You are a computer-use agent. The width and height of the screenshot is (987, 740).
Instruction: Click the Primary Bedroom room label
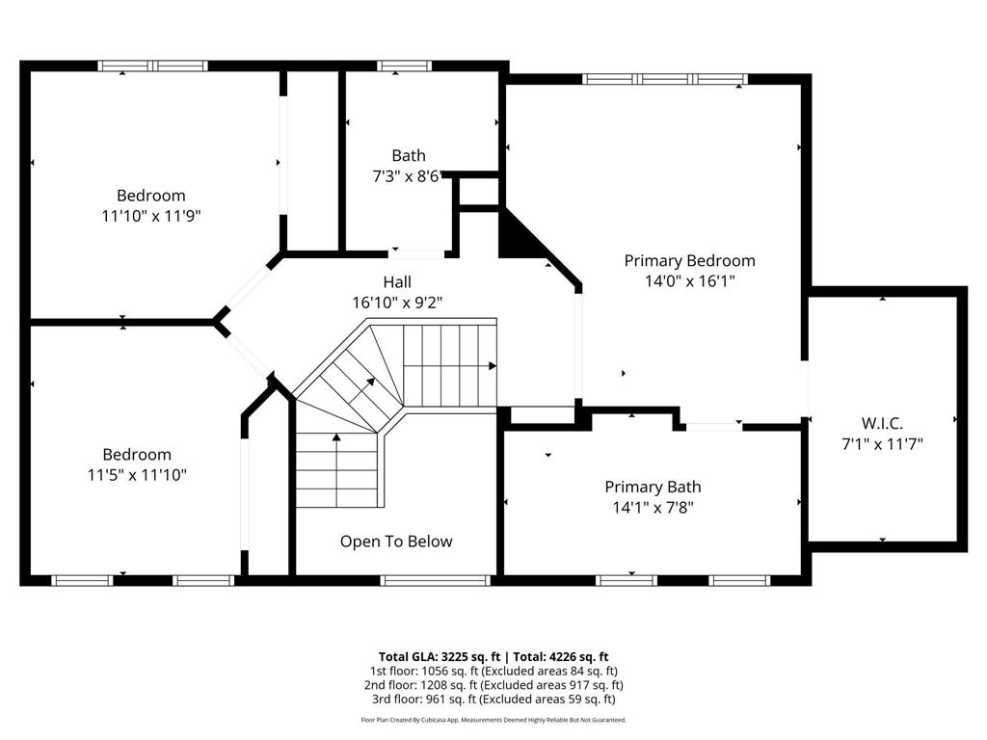click(x=689, y=260)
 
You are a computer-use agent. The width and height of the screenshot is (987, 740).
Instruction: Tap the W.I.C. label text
click(x=882, y=423)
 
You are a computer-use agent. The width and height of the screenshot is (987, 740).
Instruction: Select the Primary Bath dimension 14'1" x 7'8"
click(x=653, y=508)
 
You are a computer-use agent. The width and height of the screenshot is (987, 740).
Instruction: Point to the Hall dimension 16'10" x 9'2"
click(x=397, y=303)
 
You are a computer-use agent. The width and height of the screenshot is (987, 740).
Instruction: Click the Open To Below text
click(x=395, y=542)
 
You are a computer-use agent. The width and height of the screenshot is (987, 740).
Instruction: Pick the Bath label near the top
click(x=408, y=155)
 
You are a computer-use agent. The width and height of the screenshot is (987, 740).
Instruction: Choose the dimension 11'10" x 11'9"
click(x=151, y=216)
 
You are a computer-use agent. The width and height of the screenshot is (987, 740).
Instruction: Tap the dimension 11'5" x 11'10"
click(x=137, y=474)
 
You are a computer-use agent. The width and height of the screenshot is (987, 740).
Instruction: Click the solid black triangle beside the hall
click(x=514, y=236)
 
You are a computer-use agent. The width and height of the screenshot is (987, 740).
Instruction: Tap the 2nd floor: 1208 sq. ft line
click(x=492, y=684)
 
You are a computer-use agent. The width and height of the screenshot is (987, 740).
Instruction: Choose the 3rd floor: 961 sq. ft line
click(x=492, y=699)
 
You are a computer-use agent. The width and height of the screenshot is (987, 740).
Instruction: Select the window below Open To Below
click(x=435, y=580)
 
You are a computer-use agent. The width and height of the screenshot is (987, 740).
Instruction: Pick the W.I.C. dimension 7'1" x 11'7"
click(x=882, y=444)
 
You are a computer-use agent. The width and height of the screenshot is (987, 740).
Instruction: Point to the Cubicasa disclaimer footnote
click(x=493, y=720)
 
